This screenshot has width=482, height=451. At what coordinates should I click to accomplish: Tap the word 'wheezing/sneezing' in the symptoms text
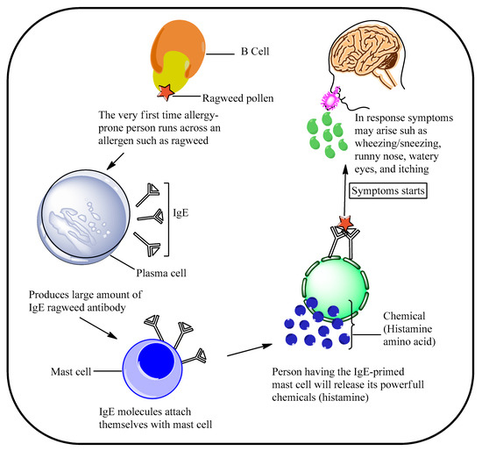click(x=395, y=144)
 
